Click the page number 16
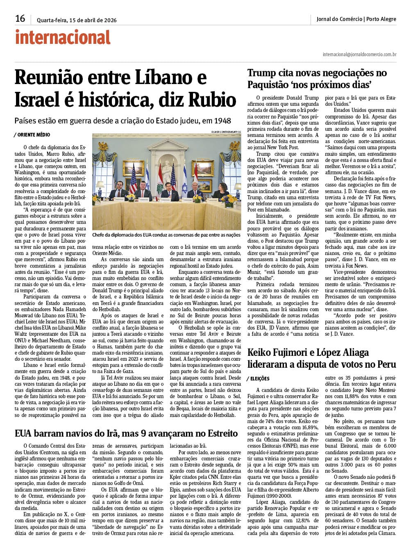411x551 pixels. pyautogui.click(x=20, y=18)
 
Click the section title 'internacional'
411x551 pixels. pyautogui.click(x=63, y=37)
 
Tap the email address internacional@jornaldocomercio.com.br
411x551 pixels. pyautogui.click(x=359, y=54)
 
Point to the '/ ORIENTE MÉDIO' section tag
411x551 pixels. pyautogui.click(x=32, y=134)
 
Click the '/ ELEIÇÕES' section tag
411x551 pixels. pyautogui.click(x=258, y=378)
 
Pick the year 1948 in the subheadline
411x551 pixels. pyautogui.click(x=222, y=121)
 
